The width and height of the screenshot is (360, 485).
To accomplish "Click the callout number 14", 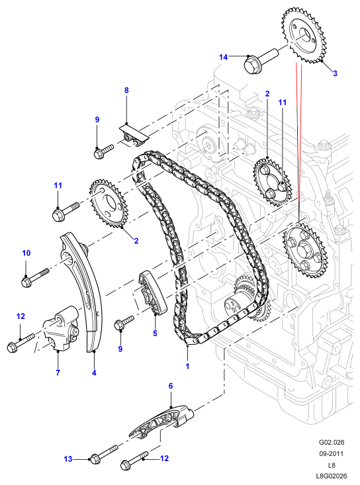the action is coord(223,57).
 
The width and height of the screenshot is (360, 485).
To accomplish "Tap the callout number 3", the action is coord(335,73).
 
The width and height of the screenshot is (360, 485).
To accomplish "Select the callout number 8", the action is coord(126,91).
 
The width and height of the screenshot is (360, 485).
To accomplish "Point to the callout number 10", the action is coord(26,253).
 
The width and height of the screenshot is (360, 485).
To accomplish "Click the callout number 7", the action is coord(58,373).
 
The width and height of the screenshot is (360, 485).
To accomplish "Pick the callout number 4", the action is coord(94,373).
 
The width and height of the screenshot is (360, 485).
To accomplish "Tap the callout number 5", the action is coord(155,333).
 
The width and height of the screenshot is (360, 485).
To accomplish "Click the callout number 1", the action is coord(187,366).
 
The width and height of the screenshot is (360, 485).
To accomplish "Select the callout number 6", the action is coord(171,386).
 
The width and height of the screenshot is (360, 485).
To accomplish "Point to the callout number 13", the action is coord(68,459).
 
